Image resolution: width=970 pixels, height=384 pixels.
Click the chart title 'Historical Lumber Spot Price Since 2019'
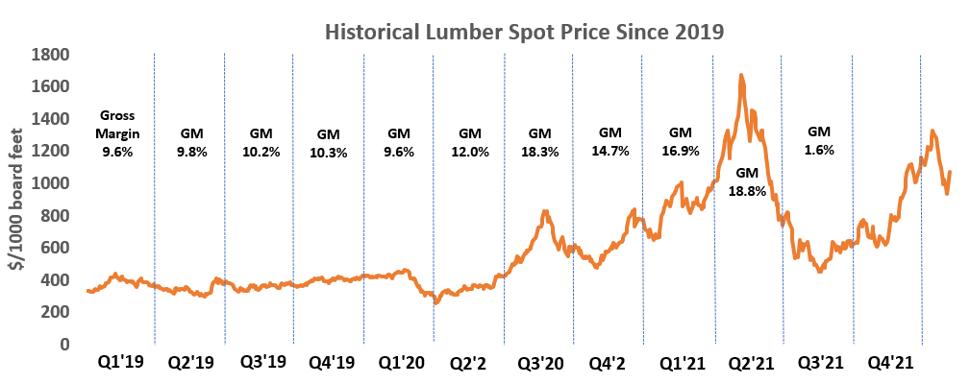click(x=524, y=31)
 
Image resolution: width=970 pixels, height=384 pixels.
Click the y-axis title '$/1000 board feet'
click(x=17, y=200)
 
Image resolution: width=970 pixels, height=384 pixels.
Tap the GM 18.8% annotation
click(x=748, y=181)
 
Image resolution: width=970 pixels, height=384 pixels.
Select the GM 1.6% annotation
click(x=819, y=140)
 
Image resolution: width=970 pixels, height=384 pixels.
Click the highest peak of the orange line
click(x=740, y=75)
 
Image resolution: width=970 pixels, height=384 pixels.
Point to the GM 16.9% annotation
click(x=680, y=140)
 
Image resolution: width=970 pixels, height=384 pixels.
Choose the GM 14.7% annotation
click(x=610, y=140)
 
